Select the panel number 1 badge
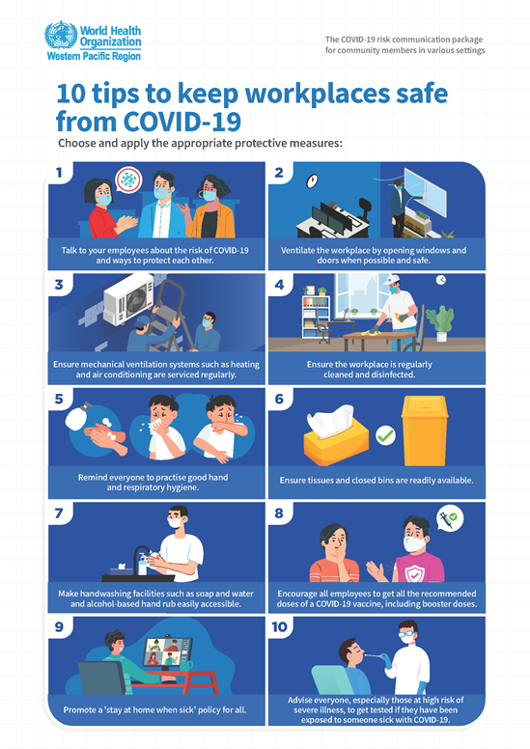[59, 174]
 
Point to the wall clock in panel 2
[312, 180]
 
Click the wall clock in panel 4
[440, 280]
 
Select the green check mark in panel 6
[385, 435]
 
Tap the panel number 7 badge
[59, 513]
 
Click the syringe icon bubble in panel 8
[449, 518]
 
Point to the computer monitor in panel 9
[167, 654]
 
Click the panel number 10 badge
[280, 626]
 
